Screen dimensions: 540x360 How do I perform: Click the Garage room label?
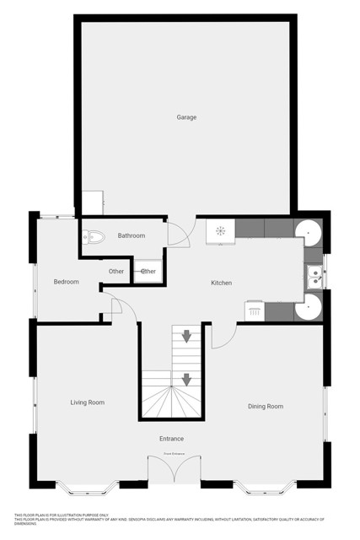(x=186, y=117)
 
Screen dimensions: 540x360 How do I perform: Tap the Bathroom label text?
(x=131, y=235)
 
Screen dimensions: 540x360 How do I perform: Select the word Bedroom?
(x=66, y=282)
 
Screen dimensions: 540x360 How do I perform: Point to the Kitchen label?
(x=221, y=283)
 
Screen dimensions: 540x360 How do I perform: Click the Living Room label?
(x=87, y=402)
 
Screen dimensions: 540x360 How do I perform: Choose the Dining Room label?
(x=265, y=407)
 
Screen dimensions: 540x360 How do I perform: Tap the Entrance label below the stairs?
(x=171, y=439)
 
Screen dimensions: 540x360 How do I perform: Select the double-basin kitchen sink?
(x=313, y=275)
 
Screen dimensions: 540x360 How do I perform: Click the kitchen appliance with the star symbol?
(x=220, y=230)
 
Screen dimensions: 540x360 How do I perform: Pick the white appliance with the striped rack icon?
(x=254, y=310)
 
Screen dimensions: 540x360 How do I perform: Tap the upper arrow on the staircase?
(x=186, y=337)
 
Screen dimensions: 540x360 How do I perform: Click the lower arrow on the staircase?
(x=186, y=380)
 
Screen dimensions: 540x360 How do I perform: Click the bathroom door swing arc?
(x=177, y=234)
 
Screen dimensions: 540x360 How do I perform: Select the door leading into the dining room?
(x=221, y=336)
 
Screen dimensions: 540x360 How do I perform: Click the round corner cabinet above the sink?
(x=309, y=230)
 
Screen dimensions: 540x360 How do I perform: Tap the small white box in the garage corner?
(x=92, y=203)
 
